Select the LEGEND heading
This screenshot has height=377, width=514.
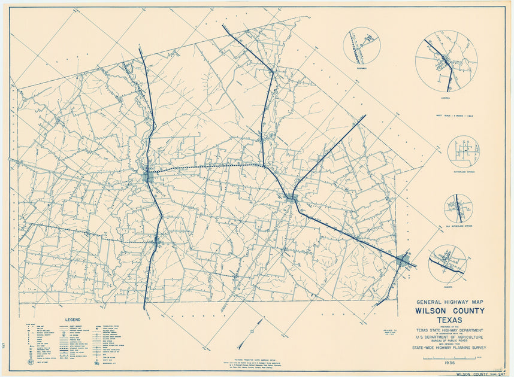[72, 320]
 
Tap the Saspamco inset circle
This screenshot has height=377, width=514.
[361, 46]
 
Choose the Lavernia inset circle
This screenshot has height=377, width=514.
[446, 61]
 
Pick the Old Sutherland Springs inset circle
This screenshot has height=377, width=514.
[458, 208]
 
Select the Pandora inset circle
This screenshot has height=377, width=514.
[447, 263]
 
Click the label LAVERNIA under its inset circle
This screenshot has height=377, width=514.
[445, 96]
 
